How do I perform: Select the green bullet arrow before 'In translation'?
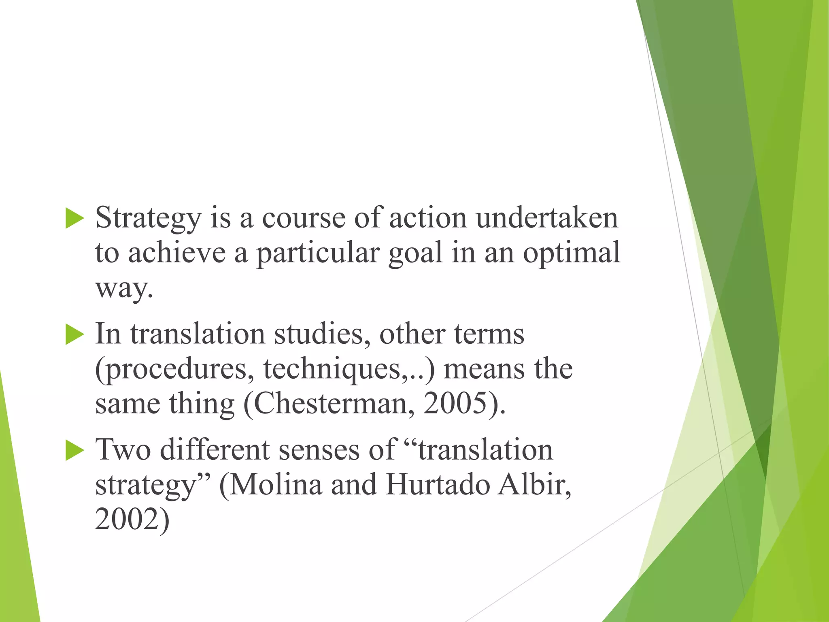74,334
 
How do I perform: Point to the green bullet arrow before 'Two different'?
74,450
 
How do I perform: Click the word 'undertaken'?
547,218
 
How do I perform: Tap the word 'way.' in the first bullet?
124,289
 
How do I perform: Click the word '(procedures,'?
174,370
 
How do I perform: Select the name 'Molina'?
276,485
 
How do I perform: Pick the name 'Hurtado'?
438,485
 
